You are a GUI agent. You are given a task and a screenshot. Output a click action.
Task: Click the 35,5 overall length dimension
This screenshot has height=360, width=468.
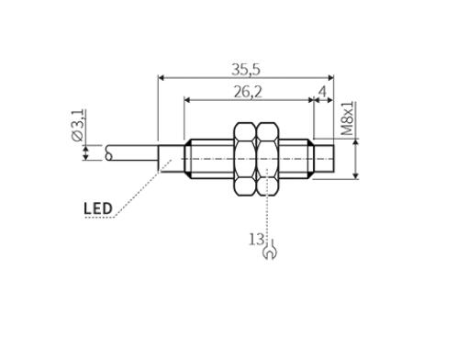[x=246, y=70]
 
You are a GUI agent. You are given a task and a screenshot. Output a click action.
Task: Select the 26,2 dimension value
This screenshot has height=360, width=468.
[x=248, y=92]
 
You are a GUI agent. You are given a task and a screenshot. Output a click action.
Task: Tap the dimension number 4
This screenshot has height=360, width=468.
[x=322, y=91]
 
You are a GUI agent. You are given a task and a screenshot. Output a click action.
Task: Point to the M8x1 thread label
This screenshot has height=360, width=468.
[x=348, y=118]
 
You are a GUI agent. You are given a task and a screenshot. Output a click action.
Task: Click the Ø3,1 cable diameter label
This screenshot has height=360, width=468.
[x=78, y=125]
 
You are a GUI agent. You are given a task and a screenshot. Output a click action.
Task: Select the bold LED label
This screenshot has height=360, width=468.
[x=98, y=208]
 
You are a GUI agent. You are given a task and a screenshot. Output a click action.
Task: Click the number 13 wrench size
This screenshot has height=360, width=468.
[x=256, y=239]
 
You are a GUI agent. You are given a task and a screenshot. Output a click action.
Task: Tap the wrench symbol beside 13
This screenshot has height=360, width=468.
[x=270, y=250]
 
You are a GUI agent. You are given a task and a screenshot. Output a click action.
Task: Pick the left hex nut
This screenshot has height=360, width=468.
[x=245, y=159]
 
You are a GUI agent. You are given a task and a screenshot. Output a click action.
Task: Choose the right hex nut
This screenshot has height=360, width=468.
[x=268, y=159]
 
